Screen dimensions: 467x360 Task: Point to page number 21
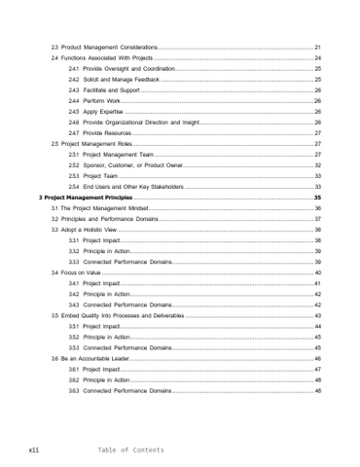pyautogui.click(x=317, y=47)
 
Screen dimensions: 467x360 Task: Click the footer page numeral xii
pyautogui.click(x=33, y=449)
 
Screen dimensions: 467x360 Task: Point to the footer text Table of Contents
pyautogui.click(x=130, y=449)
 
